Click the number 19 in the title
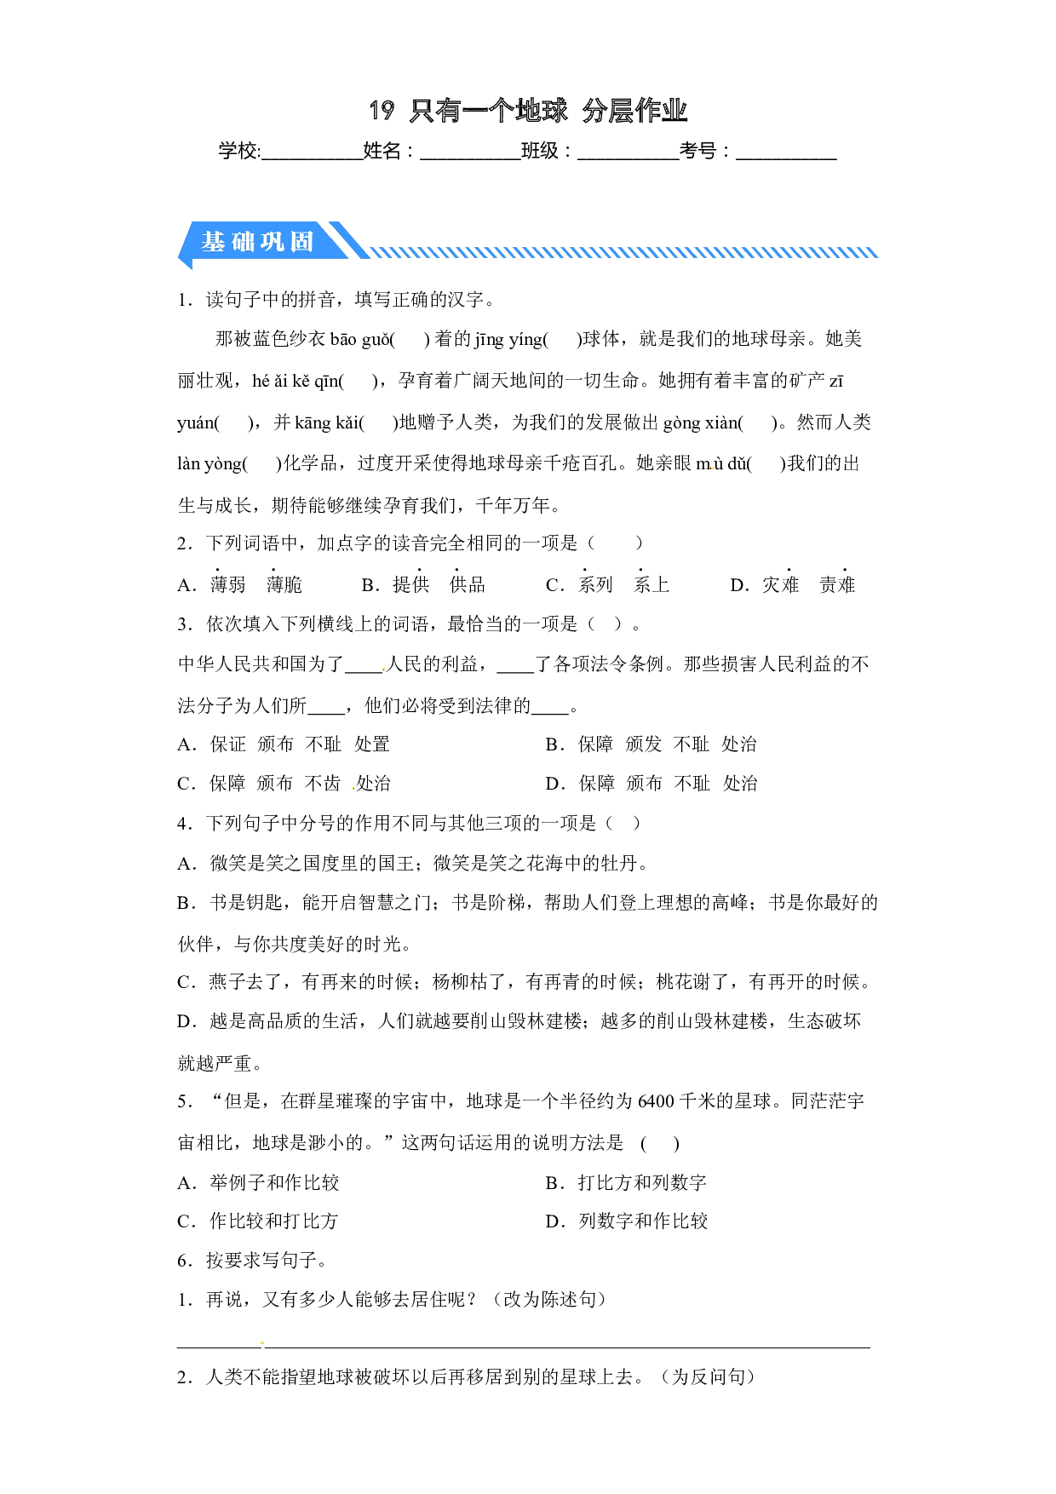click(x=382, y=110)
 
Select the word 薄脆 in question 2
click(x=284, y=585)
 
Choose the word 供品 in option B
click(x=468, y=585)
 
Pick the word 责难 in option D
click(x=837, y=585)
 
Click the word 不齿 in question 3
click(x=323, y=784)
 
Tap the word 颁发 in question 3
click(x=644, y=744)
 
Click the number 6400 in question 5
click(x=657, y=1101)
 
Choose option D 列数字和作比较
click(x=627, y=1221)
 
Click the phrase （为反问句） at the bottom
click(x=709, y=1377)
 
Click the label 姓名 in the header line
click(x=382, y=151)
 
